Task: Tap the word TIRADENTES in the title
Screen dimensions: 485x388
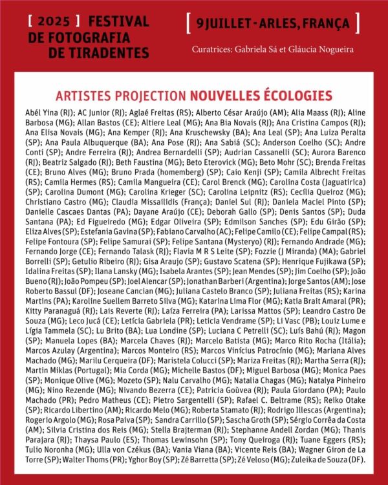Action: click(107, 52)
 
